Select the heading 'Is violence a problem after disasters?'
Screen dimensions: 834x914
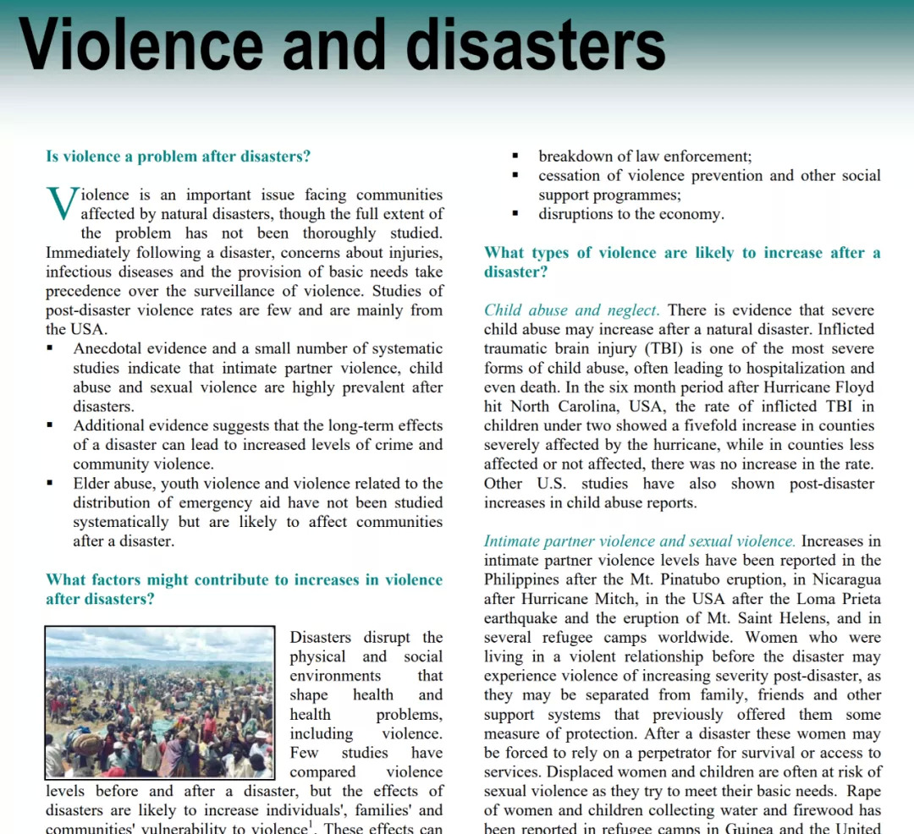tap(178, 156)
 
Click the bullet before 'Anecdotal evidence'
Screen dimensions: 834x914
tap(50, 348)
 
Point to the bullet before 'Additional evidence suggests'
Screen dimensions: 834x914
tap(50, 425)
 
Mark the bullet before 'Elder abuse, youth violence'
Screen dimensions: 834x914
tap(50, 484)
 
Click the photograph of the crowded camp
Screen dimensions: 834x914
tap(159, 703)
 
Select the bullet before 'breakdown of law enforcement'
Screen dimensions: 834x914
tap(515, 156)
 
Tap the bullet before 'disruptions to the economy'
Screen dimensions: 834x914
tap(515, 214)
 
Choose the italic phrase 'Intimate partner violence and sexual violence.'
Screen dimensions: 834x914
tap(640, 541)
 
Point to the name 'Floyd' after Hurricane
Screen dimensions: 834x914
tap(855, 387)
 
